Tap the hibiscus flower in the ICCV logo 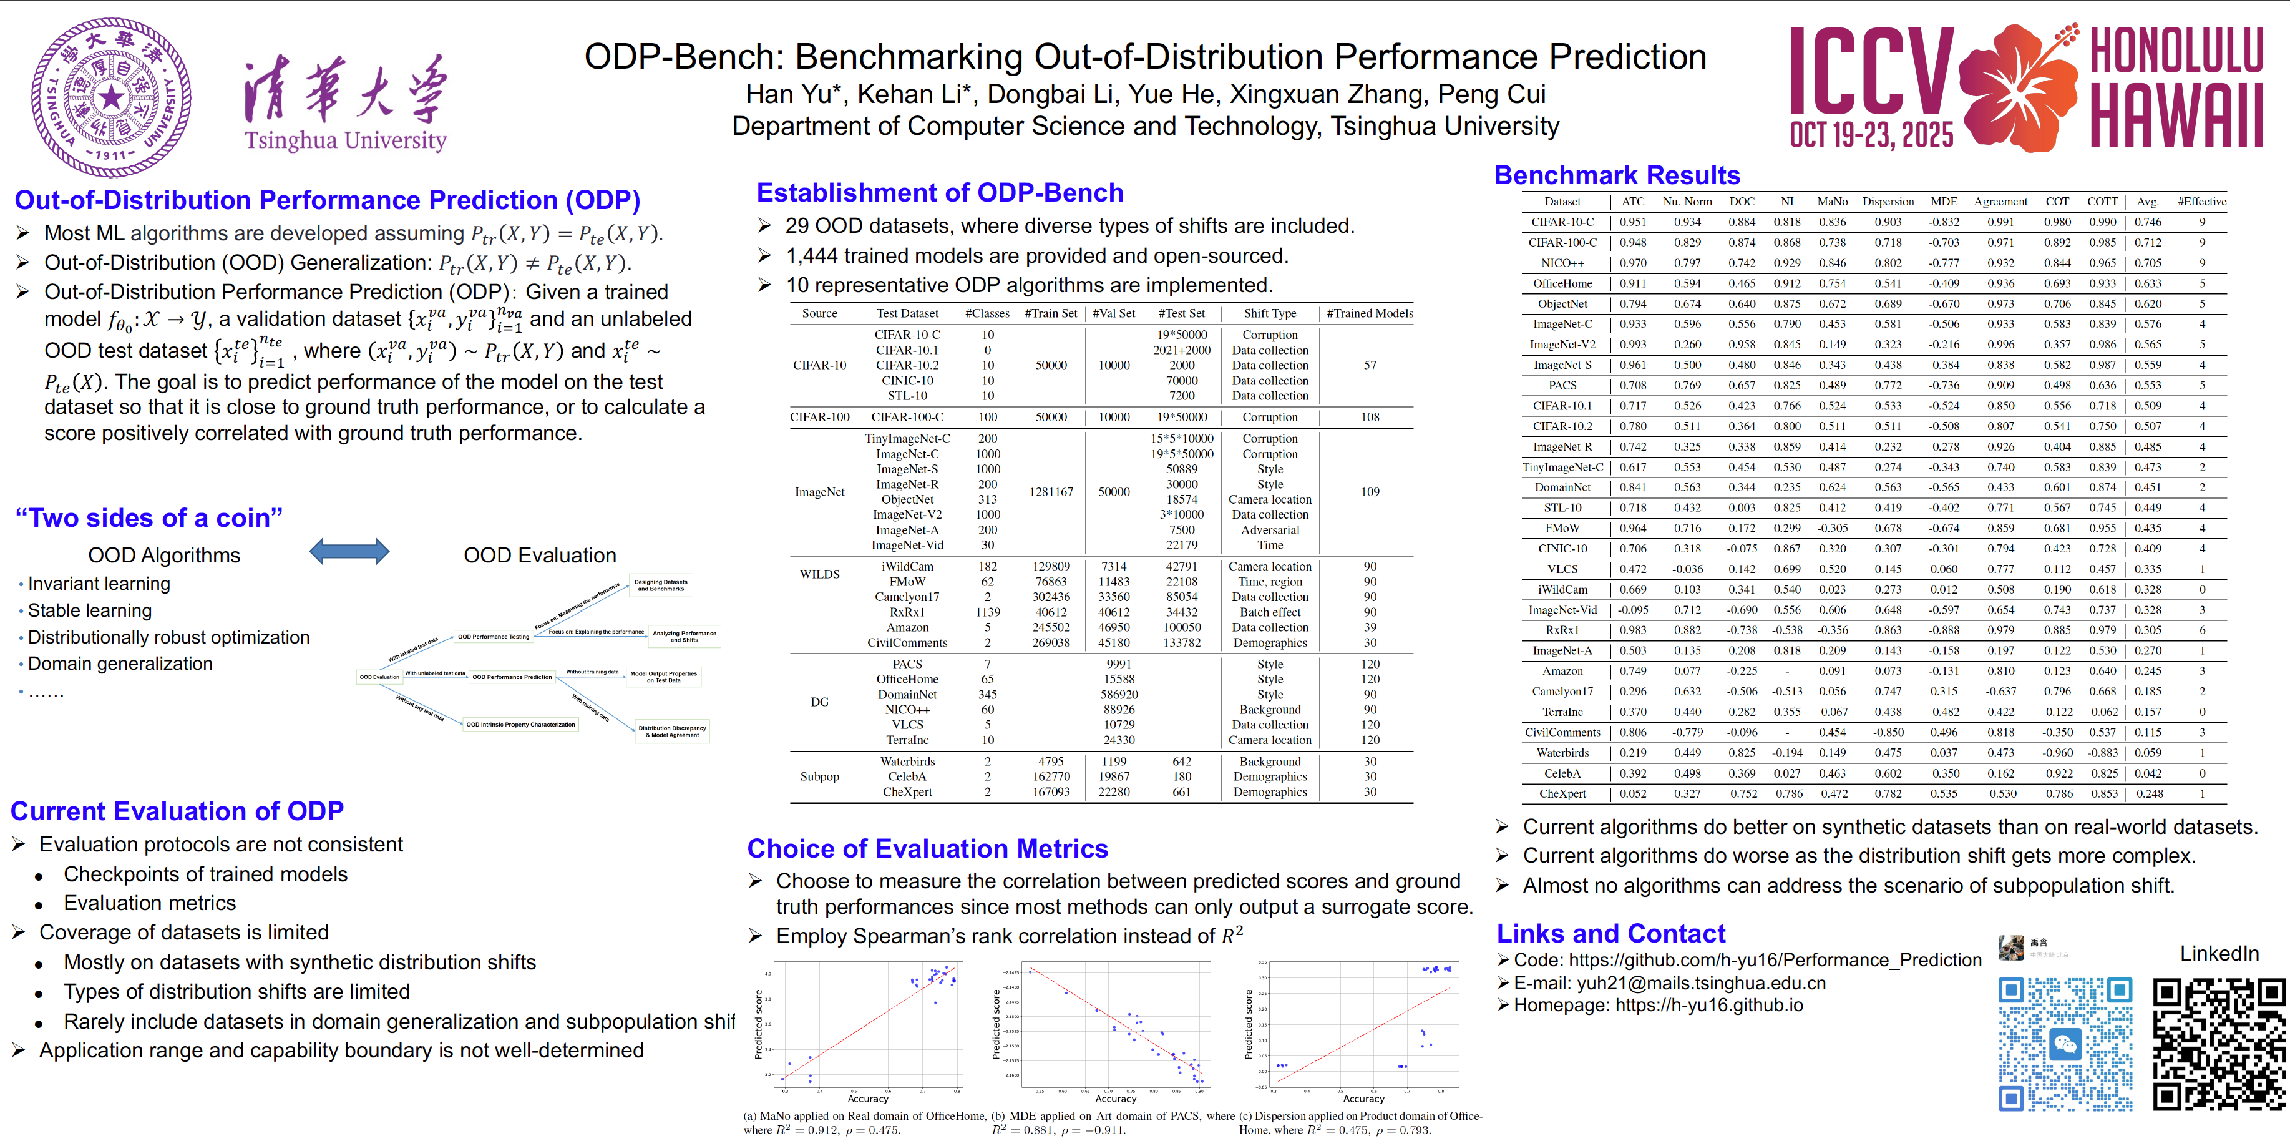[2018, 84]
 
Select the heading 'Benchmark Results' [1616, 175]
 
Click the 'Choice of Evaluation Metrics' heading [927, 848]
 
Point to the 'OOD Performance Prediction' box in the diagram [512, 677]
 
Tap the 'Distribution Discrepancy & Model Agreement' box [672, 732]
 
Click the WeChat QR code [2065, 1045]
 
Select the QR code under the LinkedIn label [2218, 1045]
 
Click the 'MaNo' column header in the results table [1832, 202]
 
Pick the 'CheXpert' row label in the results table [1562, 794]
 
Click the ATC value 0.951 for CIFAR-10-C [1632, 222]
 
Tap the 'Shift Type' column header [1269, 314]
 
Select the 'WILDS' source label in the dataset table [819, 574]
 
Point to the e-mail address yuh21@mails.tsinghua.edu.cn [1700, 983]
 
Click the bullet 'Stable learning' [90, 611]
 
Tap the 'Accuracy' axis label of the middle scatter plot [1116, 1099]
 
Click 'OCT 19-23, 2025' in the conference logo [1871, 136]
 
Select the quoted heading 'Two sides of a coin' [149, 517]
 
